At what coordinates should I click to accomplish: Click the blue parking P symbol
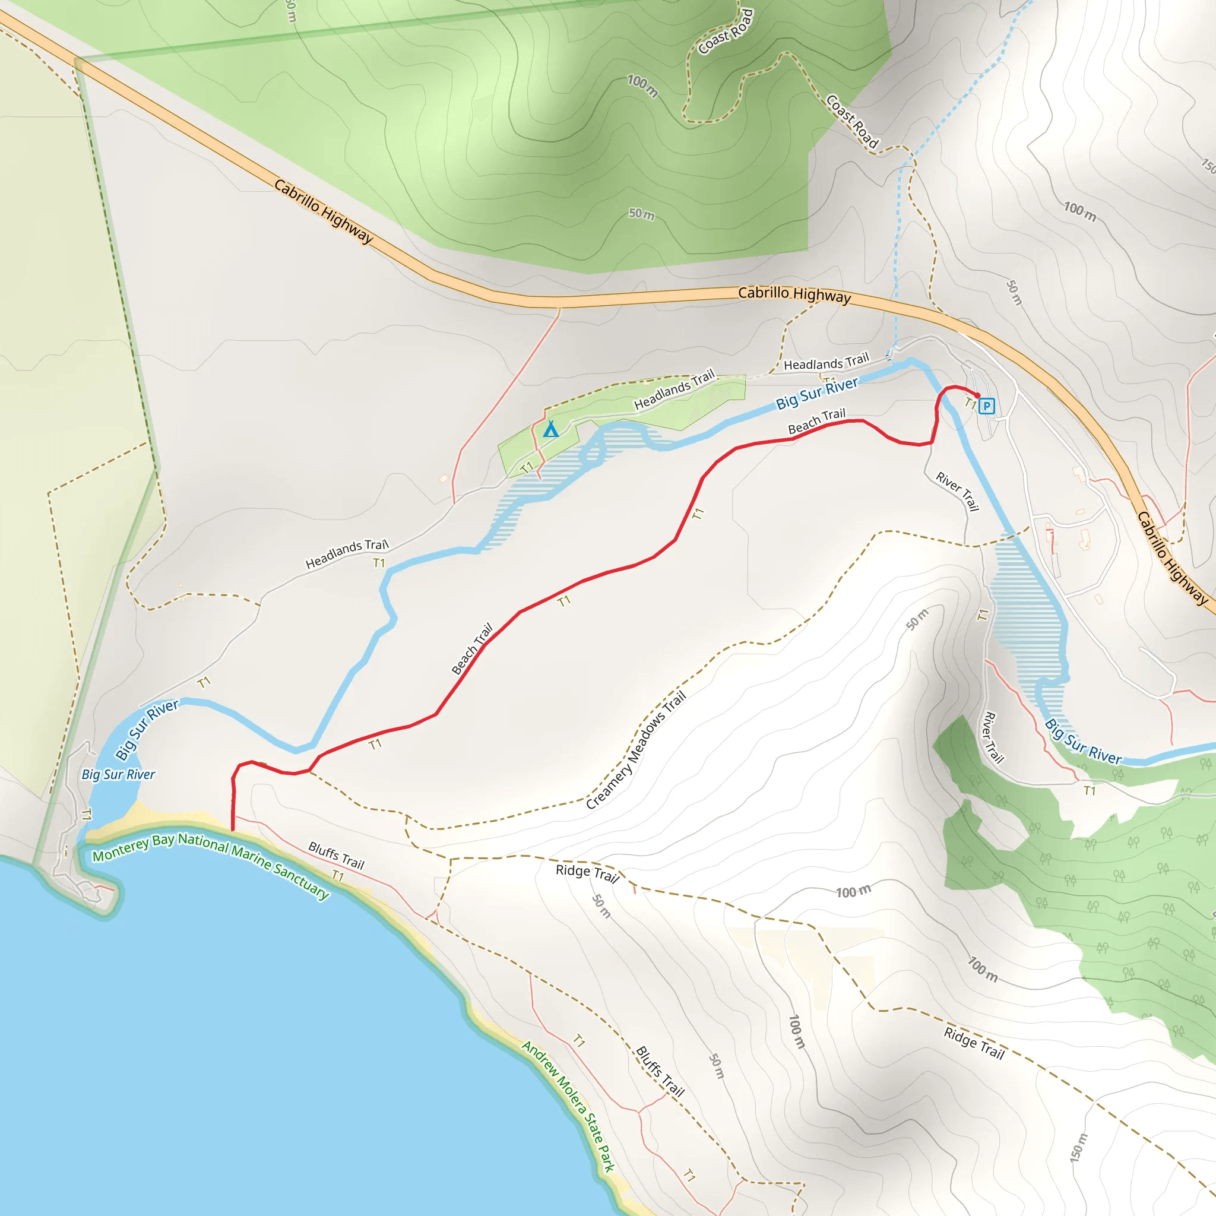click(987, 406)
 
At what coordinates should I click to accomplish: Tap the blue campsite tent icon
click(551, 429)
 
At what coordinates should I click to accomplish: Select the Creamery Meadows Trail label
click(636, 750)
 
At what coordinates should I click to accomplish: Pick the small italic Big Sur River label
click(118, 775)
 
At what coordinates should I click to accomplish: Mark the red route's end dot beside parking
click(977, 395)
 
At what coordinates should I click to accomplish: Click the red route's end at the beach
click(233, 829)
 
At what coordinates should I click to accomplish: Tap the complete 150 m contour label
click(1078, 1147)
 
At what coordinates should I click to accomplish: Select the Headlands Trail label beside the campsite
click(674, 390)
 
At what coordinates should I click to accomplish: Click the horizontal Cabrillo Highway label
click(794, 294)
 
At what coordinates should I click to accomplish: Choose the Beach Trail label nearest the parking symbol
click(816, 421)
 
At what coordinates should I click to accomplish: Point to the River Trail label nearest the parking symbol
click(957, 492)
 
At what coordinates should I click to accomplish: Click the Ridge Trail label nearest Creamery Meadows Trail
click(587, 873)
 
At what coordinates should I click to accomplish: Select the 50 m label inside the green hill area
click(641, 214)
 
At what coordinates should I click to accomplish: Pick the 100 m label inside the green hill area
click(642, 86)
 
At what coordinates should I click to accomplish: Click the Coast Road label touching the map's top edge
click(726, 31)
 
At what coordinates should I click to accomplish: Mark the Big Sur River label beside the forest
click(1082, 742)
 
